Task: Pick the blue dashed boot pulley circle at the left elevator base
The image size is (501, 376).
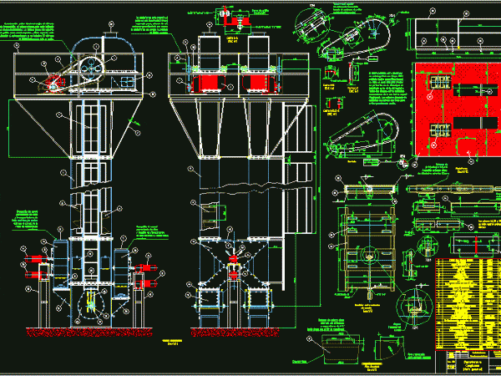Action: point(86,307)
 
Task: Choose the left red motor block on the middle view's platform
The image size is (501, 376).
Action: point(205,83)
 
